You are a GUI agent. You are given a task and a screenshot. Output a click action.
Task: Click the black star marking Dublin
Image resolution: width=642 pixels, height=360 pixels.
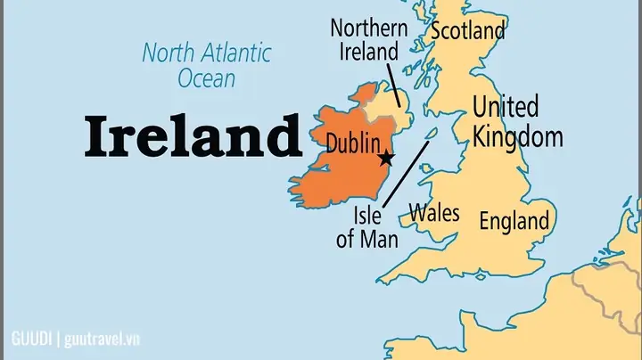[385, 159]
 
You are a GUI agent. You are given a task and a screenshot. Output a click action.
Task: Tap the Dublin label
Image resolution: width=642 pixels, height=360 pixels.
[355, 143]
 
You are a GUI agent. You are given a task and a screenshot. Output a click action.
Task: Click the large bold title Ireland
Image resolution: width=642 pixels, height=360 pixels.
[193, 137]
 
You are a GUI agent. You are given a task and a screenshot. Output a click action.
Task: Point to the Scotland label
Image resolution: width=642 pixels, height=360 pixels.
[467, 30]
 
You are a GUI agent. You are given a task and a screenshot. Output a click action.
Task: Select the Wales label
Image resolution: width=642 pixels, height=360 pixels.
[434, 212]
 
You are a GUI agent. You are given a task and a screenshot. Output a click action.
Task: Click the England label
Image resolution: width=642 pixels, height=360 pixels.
[514, 220]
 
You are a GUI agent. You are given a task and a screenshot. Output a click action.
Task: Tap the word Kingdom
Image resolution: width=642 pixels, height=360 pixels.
[517, 136]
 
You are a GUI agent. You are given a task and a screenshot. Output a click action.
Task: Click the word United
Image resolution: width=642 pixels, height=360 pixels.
[506, 108]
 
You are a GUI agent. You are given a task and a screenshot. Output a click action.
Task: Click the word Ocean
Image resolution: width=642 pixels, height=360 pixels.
[206, 78]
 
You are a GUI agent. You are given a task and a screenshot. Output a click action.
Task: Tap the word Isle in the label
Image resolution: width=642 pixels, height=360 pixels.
[367, 215]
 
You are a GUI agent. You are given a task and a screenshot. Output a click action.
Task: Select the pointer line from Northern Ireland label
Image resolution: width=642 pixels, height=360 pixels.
[393, 85]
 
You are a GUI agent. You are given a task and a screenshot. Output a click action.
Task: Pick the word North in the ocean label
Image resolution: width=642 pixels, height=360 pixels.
[165, 52]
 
